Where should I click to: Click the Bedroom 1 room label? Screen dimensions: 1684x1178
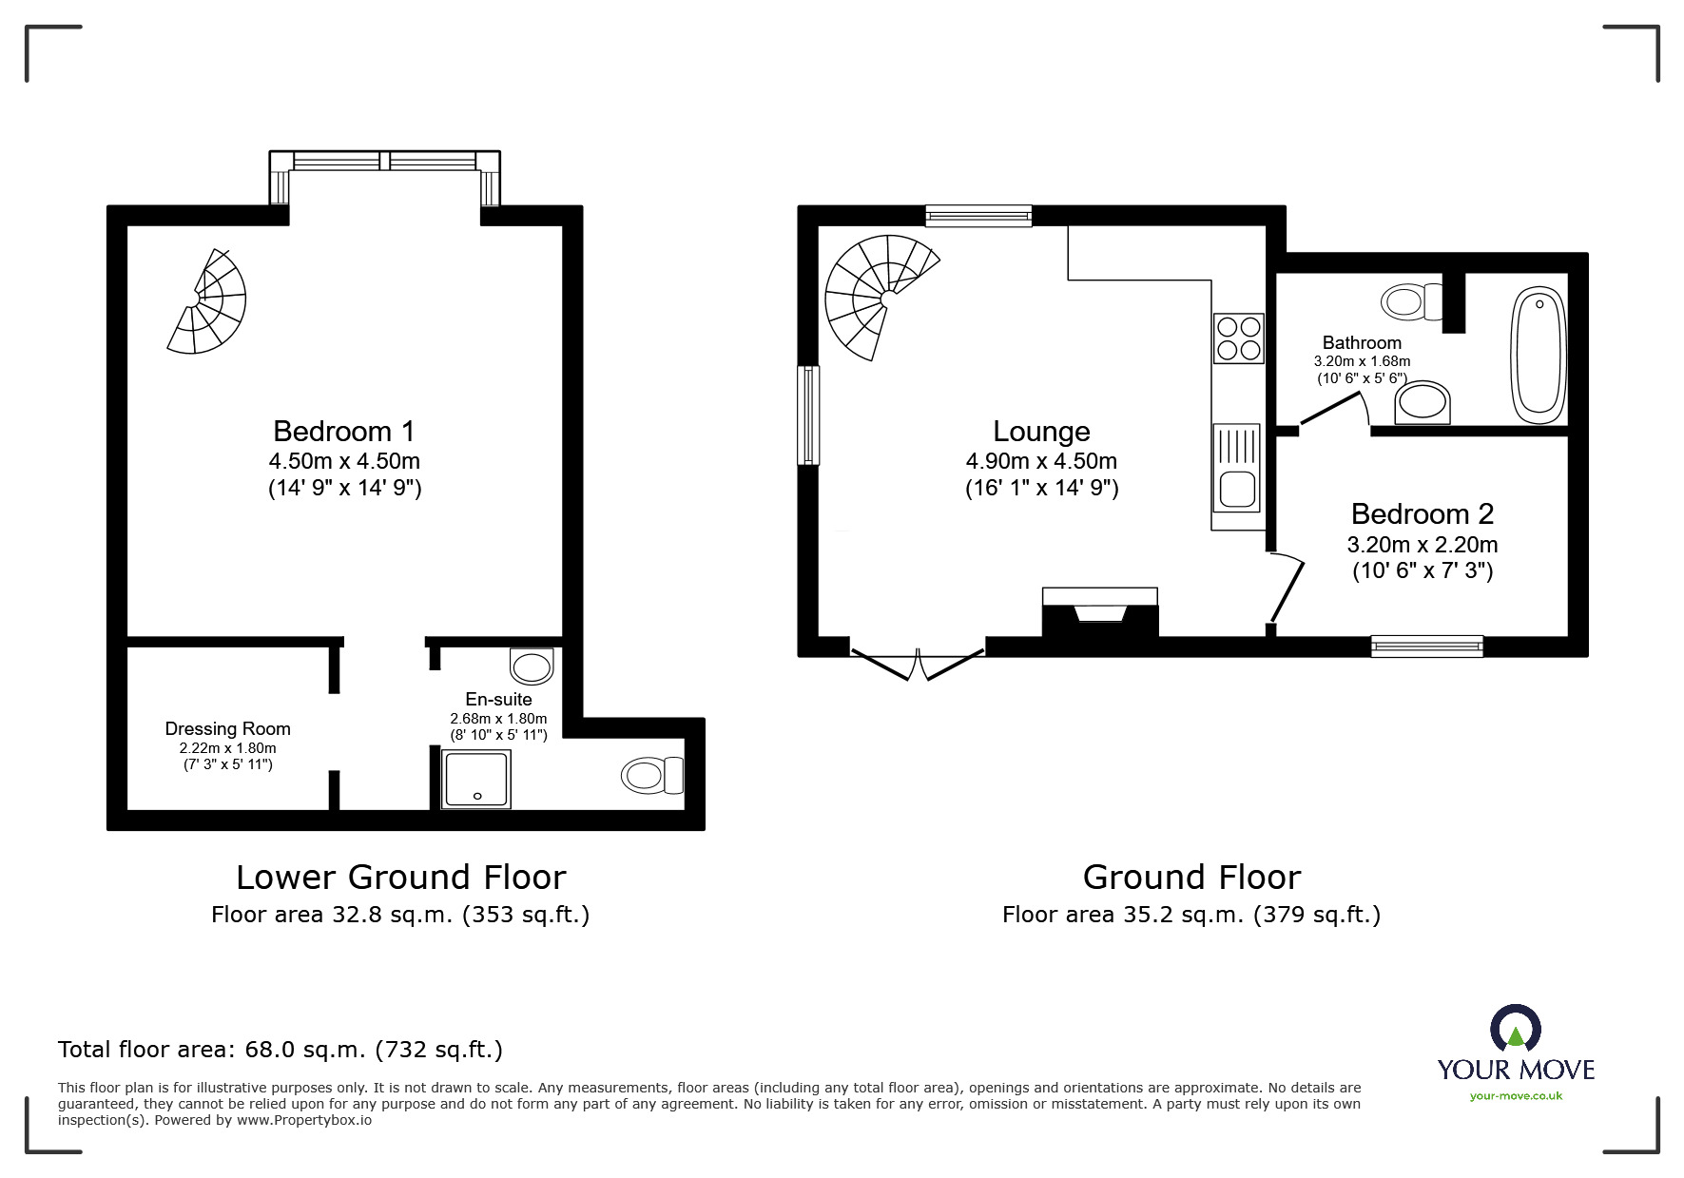(344, 432)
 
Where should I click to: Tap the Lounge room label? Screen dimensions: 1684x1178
(1041, 432)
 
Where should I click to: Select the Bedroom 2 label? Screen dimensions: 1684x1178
(1423, 514)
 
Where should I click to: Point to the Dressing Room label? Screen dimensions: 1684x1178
(227, 729)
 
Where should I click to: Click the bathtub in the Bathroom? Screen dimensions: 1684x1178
(1539, 357)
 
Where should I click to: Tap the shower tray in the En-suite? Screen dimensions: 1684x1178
(476, 779)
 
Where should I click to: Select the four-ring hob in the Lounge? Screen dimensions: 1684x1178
(1239, 338)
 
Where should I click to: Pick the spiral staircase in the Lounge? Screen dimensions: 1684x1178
(881, 296)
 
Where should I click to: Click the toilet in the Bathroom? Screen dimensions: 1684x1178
(1413, 302)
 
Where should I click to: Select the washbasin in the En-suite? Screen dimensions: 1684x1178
(532, 666)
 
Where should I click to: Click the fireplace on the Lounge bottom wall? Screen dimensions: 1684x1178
(1100, 612)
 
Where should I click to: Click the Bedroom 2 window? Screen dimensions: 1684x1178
(1427, 647)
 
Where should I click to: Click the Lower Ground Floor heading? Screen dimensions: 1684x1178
(400, 877)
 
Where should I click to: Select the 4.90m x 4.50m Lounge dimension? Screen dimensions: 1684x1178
(1041, 462)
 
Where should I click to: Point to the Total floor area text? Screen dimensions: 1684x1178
(281, 1050)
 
